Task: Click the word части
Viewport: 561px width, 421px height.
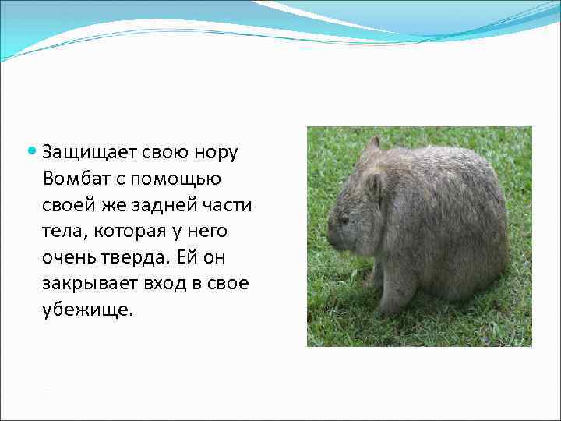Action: (224, 206)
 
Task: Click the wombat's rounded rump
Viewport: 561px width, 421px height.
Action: (487, 234)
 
